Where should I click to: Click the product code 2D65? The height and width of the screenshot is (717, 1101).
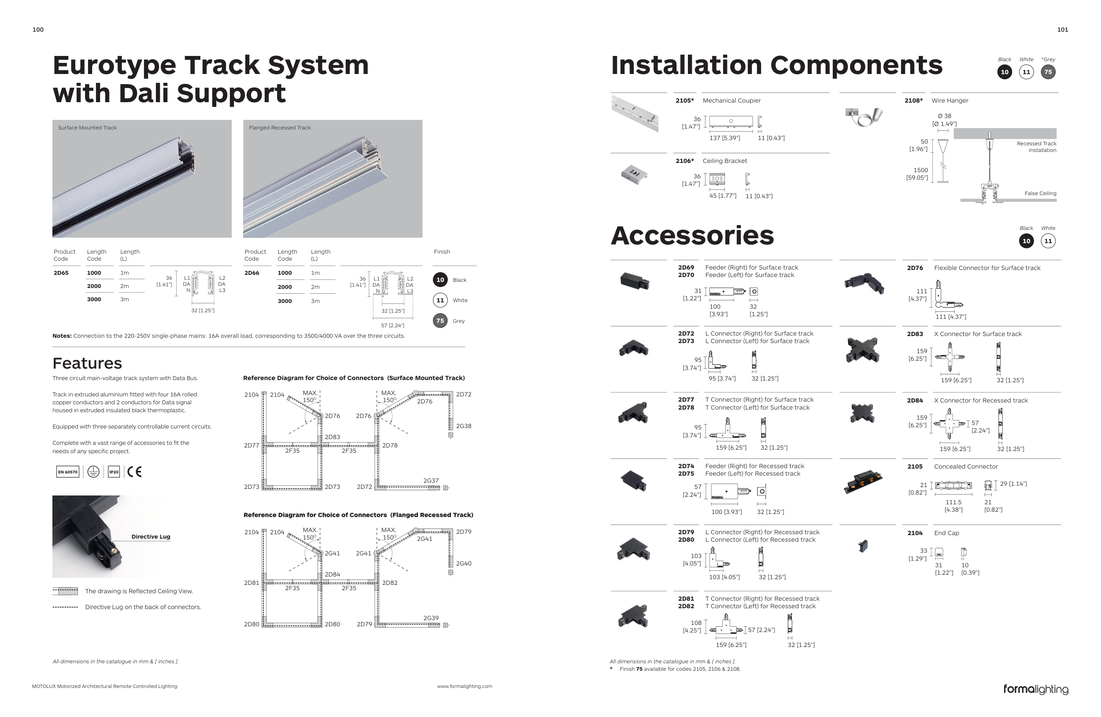pyautogui.click(x=61, y=273)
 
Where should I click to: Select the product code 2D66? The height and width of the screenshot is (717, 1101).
pyautogui.click(x=251, y=273)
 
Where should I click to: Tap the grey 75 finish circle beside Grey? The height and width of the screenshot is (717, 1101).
pyautogui.click(x=440, y=321)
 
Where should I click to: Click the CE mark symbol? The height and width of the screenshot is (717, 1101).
pyautogui.click(x=135, y=471)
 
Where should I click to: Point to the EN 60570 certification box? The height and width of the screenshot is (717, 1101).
pyautogui.click(x=67, y=472)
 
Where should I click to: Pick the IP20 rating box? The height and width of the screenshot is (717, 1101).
pyautogui.click(x=114, y=472)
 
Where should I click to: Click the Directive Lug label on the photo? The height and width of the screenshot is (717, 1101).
pyautogui.click(x=151, y=536)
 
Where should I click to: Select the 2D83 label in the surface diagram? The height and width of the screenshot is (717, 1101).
pyautogui.click(x=332, y=437)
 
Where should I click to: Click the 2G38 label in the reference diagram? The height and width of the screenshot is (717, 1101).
pyautogui.click(x=464, y=426)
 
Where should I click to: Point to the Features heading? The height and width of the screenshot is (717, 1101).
pyautogui.click(x=87, y=364)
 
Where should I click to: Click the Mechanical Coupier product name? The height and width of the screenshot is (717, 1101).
pyautogui.click(x=732, y=100)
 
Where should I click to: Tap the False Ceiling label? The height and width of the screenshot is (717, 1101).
pyautogui.click(x=1040, y=193)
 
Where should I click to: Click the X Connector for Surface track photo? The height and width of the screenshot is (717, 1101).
pyautogui.click(x=863, y=350)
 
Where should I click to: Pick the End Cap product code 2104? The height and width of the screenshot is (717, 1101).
pyautogui.click(x=915, y=533)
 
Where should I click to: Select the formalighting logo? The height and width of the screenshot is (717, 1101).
pyautogui.click(x=1036, y=689)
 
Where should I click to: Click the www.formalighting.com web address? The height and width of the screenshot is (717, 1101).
pyautogui.click(x=465, y=687)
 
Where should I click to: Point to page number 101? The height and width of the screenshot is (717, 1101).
pyautogui.click(x=1063, y=30)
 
